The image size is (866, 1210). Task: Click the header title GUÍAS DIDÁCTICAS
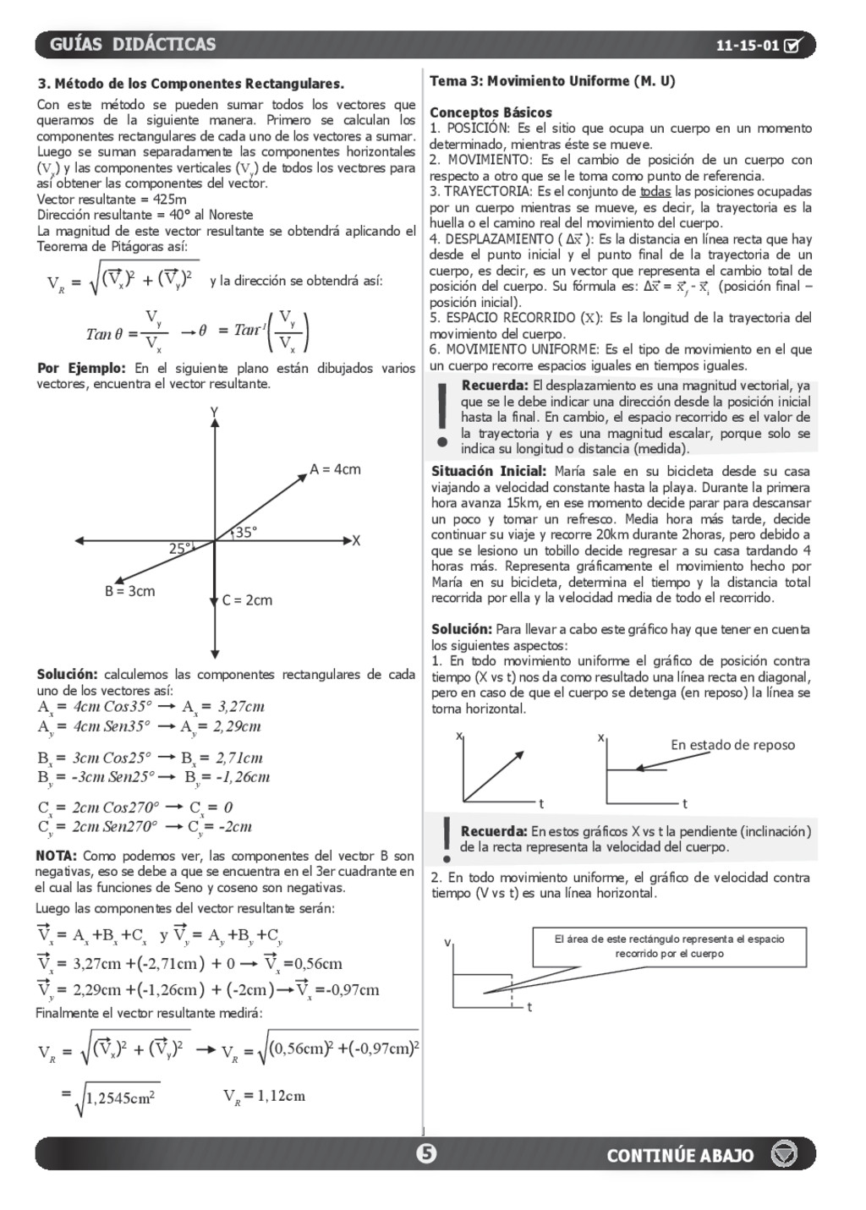pyautogui.click(x=133, y=45)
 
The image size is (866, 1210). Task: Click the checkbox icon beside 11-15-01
pyautogui.click(x=793, y=46)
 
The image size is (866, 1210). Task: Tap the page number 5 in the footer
pyautogui.click(x=427, y=1153)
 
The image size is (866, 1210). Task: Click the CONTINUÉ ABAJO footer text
pyautogui.click(x=680, y=1155)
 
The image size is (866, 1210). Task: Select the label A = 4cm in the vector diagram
pyautogui.click(x=335, y=469)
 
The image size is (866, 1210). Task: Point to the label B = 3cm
pyautogui.click(x=129, y=591)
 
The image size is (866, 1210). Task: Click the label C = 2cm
pyautogui.click(x=247, y=600)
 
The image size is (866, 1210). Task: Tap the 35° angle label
pyautogui.click(x=245, y=533)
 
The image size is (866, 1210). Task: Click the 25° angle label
pyautogui.click(x=180, y=548)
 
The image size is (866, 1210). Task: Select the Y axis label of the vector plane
pyautogui.click(x=214, y=412)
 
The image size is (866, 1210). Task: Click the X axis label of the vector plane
pyautogui.click(x=356, y=540)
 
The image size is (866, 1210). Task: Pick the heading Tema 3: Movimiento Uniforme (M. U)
pyautogui.click(x=552, y=81)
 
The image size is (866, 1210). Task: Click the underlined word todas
pyautogui.click(x=655, y=192)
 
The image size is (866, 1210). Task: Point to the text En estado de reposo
pyautogui.click(x=732, y=745)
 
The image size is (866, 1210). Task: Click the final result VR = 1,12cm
pyautogui.click(x=264, y=1096)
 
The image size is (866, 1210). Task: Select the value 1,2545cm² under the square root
pyautogui.click(x=119, y=1098)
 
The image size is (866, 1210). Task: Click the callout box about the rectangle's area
pyautogui.click(x=669, y=946)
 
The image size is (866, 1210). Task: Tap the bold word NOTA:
pyautogui.click(x=56, y=856)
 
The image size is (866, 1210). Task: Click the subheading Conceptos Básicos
pyautogui.click(x=491, y=112)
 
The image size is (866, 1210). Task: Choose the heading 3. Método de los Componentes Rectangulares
pyautogui.click(x=191, y=84)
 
